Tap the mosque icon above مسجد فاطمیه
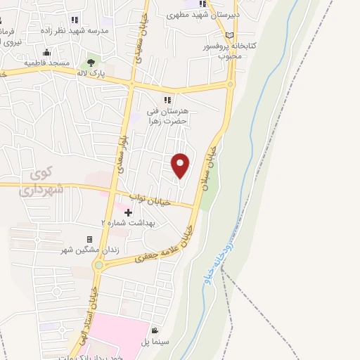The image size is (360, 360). point(46,52)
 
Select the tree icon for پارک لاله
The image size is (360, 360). point(90,64)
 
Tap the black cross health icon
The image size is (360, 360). point(128,212)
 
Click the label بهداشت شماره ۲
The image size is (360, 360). point(129,222)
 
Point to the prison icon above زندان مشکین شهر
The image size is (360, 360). point(89,240)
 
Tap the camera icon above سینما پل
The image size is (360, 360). point(155,330)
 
